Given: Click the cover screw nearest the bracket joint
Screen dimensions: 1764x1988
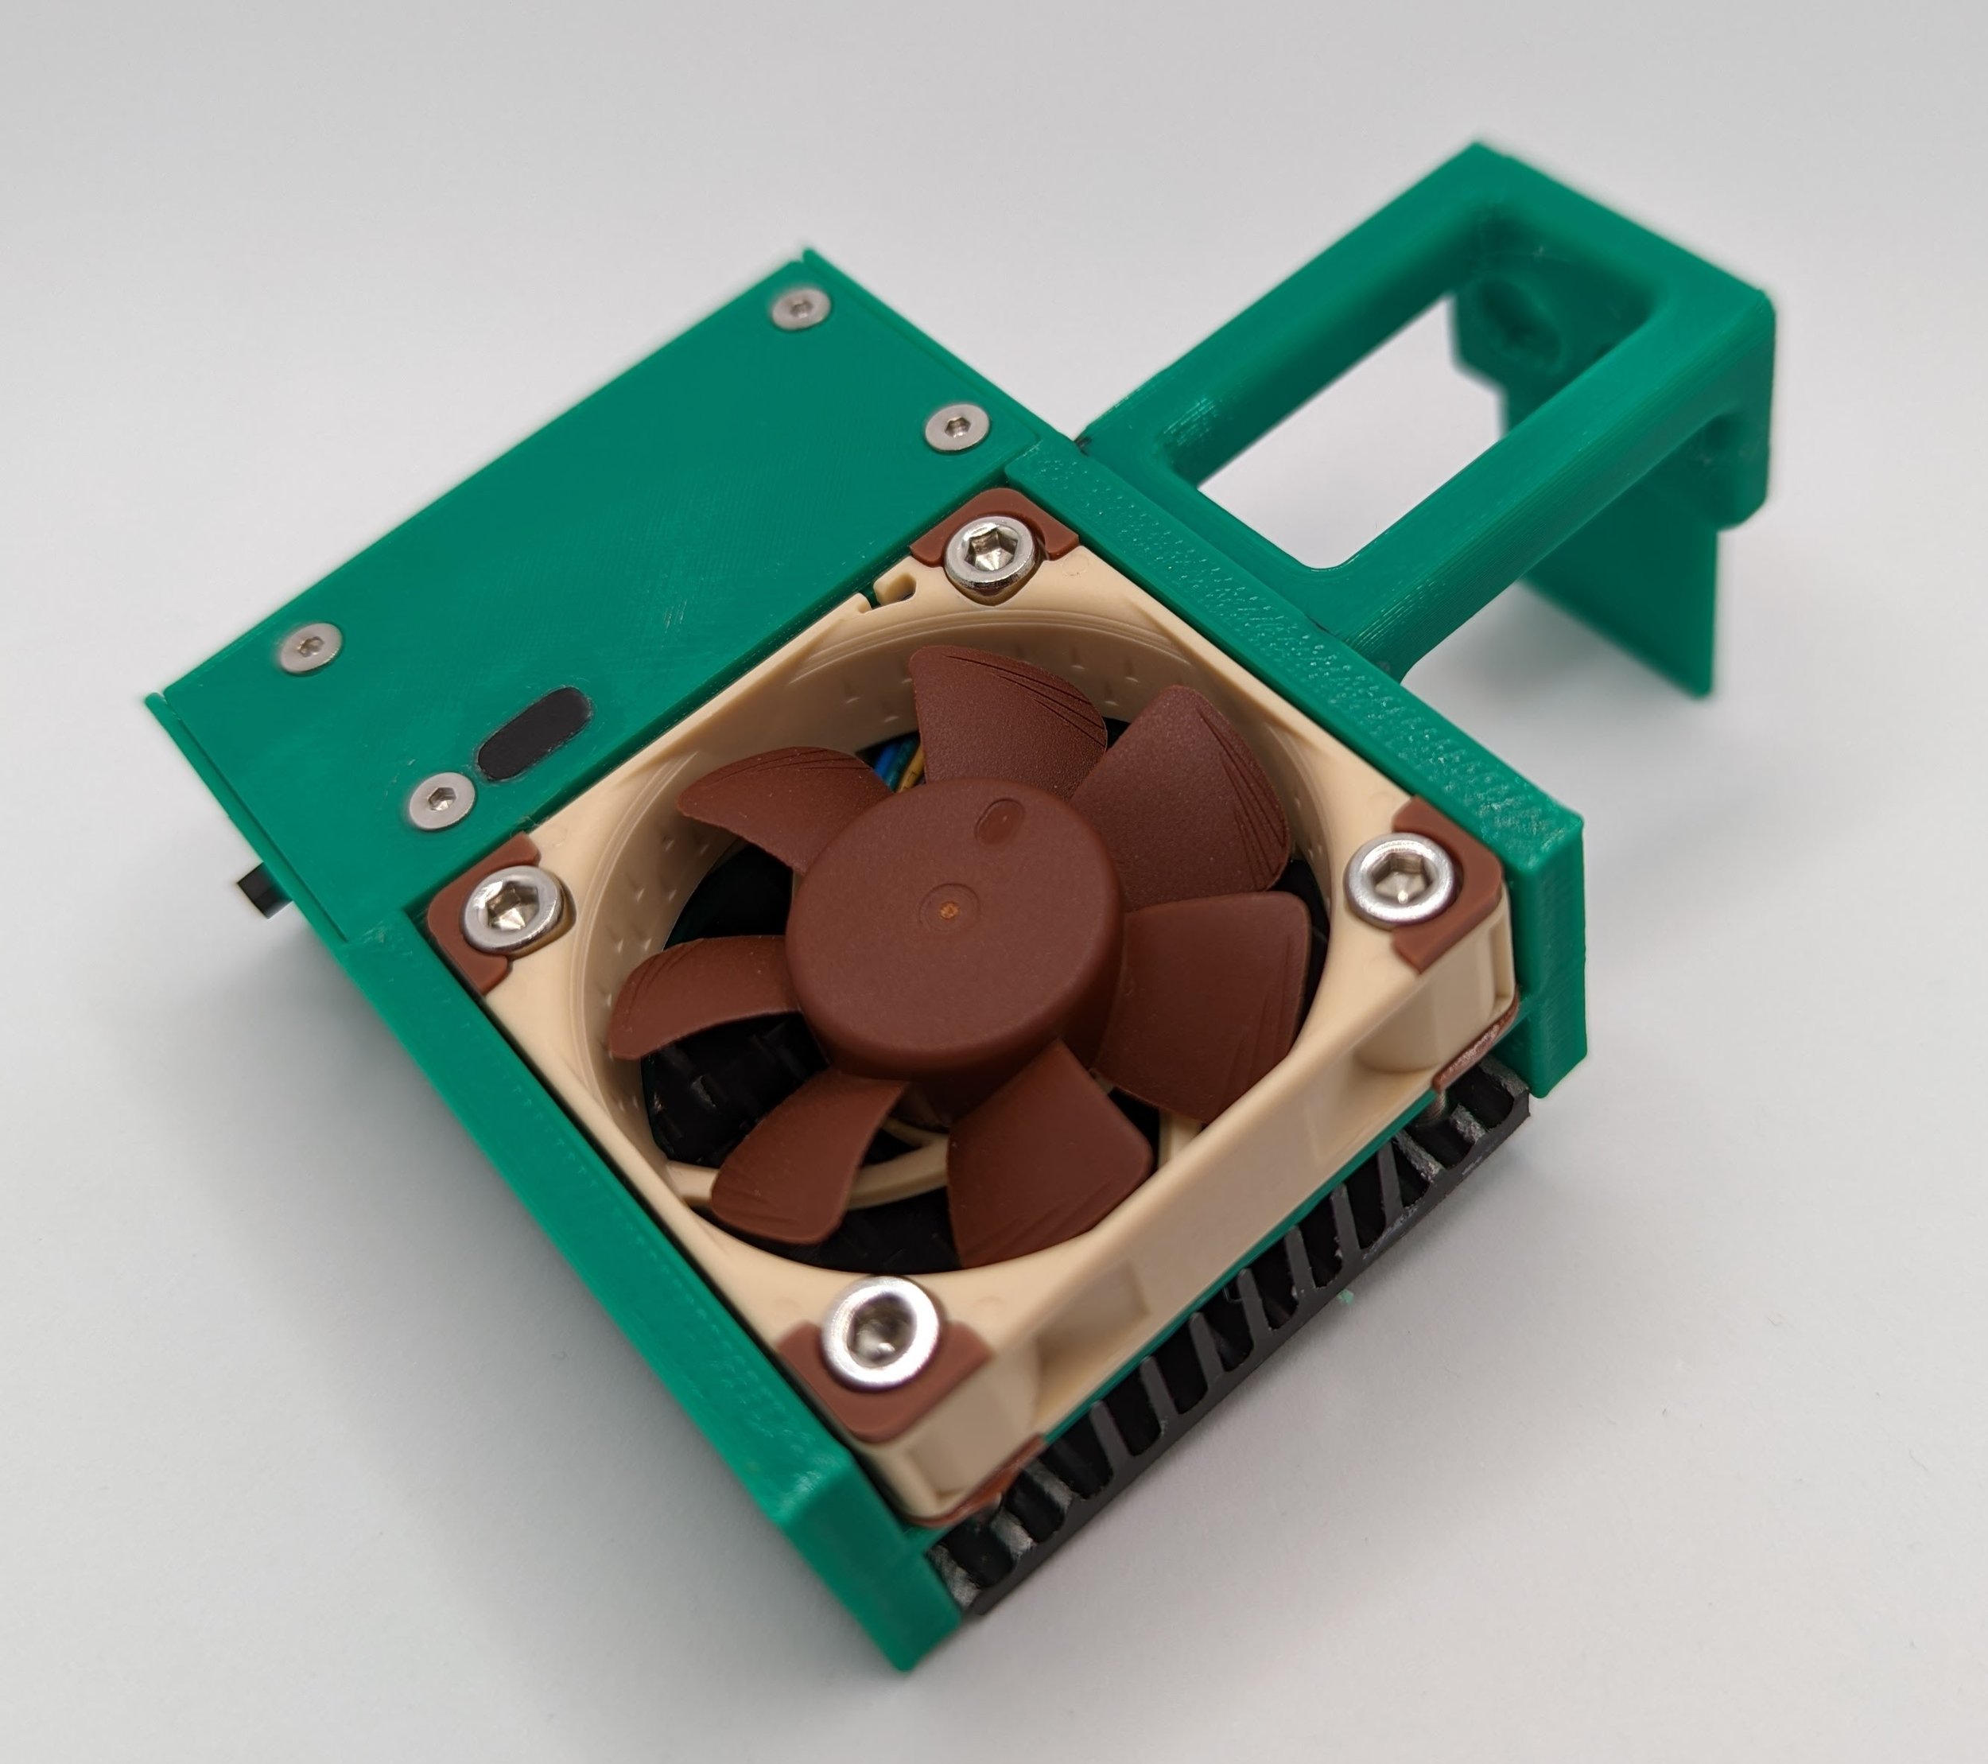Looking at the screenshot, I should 956,426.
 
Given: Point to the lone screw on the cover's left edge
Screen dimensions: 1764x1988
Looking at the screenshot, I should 309,646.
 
